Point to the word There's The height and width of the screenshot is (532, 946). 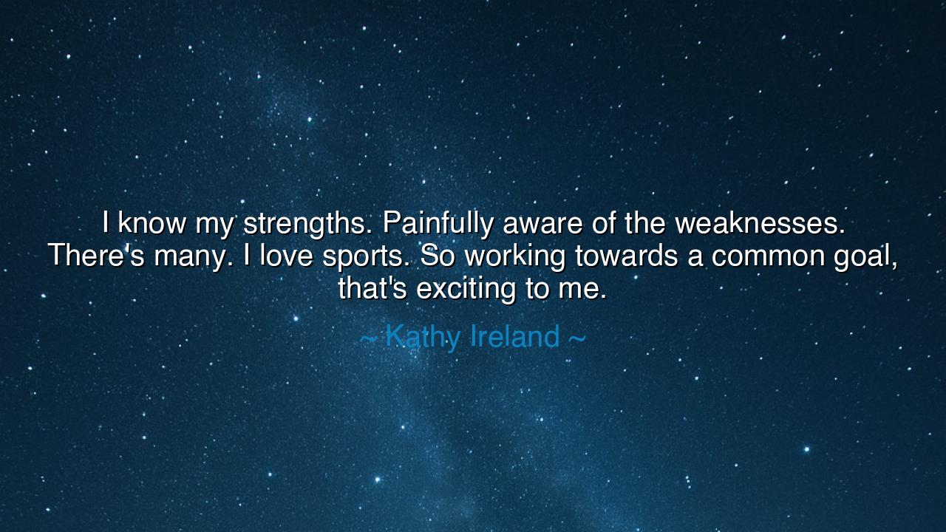tap(97, 256)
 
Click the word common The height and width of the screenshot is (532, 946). tap(769, 256)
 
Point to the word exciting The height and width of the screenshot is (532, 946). tap(467, 288)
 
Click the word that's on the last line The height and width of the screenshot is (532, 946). tap(372, 288)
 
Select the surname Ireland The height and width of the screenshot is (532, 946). tap(514, 337)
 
